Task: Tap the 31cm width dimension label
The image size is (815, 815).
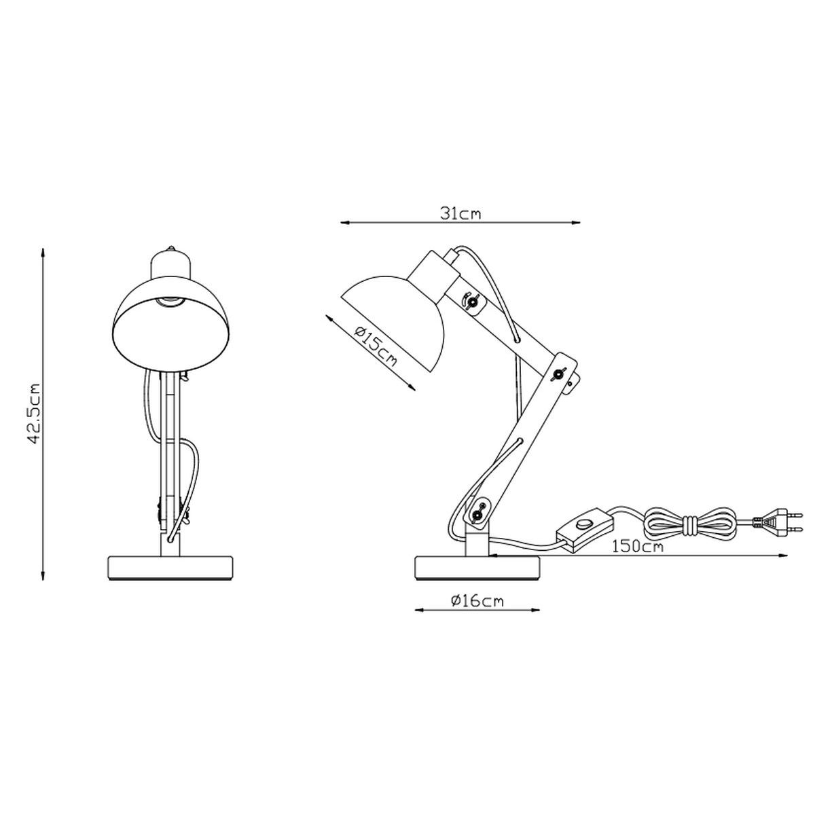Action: (x=461, y=214)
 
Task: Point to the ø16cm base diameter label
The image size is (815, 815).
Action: (x=477, y=601)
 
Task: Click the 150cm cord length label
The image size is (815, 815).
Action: (x=638, y=547)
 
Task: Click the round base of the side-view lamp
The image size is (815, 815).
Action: (x=477, y=568)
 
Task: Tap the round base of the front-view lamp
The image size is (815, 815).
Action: (x=170, y=568)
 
